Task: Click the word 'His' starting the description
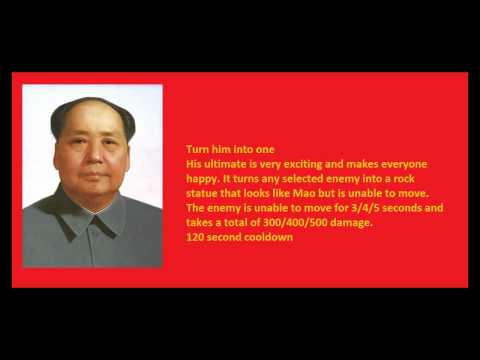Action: coord(194,162)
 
